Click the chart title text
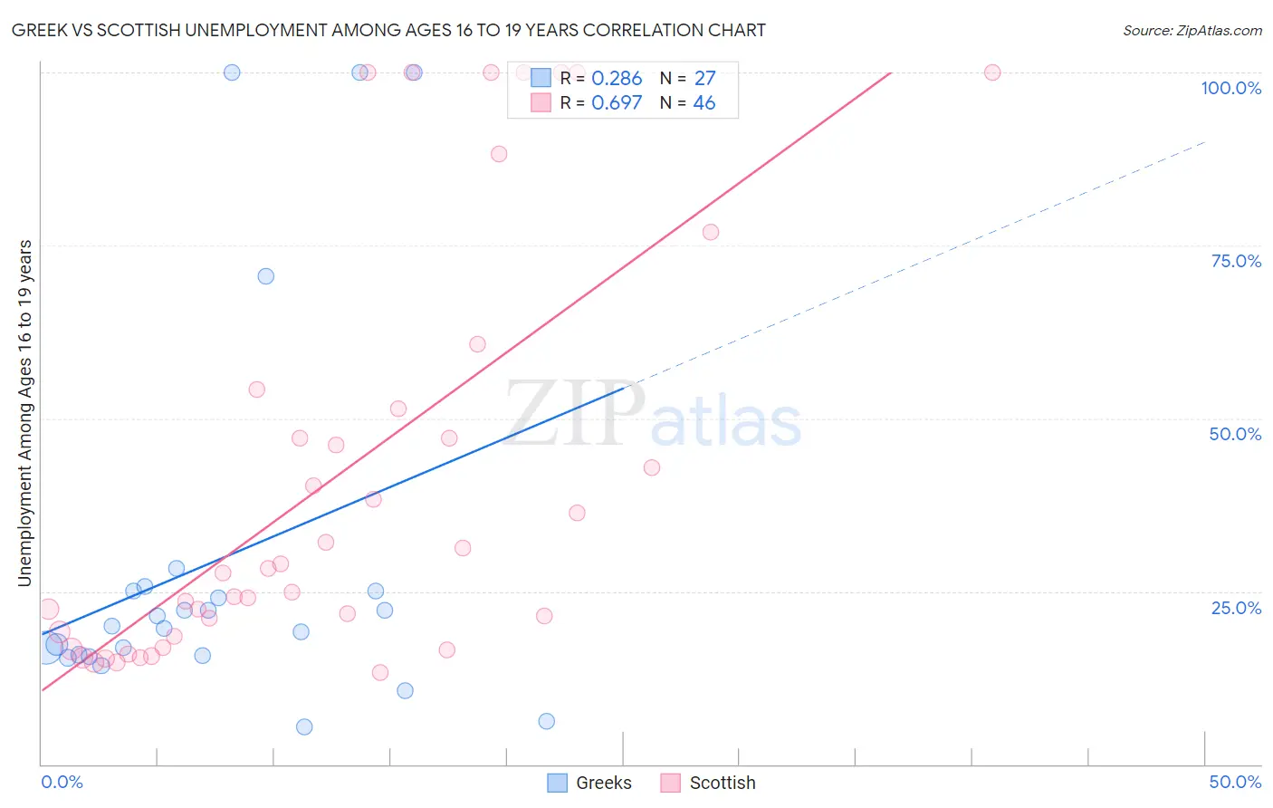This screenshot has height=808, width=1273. [x=388, y=30]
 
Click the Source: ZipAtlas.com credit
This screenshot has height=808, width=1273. [x=1192, y=31]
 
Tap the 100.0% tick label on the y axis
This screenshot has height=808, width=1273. [x=1230, y=88]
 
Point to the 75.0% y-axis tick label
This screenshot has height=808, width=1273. [x=1236, y=261]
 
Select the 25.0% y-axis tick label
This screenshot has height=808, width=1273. [x=1236, y=608]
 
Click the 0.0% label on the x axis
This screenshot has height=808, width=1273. [x=62, y=782]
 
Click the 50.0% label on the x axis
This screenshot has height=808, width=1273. [x=1235, y=782]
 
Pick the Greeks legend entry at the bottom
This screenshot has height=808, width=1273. [x=590, y=783]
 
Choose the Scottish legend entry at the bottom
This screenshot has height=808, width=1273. [x=708, y=783]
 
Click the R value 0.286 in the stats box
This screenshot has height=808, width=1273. [x=617, y=79]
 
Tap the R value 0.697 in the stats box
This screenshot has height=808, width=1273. [x=617, y=103]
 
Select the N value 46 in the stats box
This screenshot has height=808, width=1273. [x=704, y=103]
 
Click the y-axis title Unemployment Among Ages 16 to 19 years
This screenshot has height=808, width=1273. [x=25, y=413]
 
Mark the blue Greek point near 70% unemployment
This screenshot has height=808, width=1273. [x=265, y=276]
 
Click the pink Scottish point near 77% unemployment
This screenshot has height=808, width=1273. [x=711, y=232]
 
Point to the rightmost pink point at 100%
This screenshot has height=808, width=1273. [x=992, y=72]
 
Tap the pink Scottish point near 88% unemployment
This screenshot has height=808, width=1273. [x=499, y=154]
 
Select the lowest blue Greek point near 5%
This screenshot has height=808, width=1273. [x=304, y=726]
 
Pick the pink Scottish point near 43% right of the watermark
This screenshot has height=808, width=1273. [x=652, y=467]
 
